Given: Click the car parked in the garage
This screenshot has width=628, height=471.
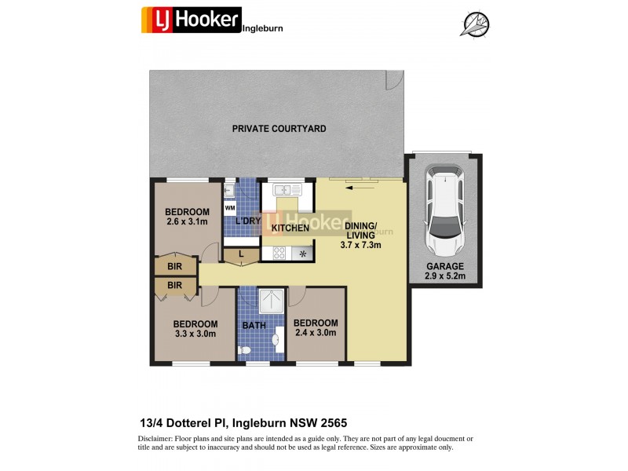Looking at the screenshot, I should [x=444, y=210].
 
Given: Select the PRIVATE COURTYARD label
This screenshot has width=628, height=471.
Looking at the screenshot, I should [x=279, y=128].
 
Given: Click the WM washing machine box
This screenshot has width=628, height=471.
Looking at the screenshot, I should [x=230, y=209].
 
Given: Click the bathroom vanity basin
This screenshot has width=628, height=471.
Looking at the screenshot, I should [x=276, y=340].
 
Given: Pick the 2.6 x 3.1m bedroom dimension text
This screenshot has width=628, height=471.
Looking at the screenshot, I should [x=187, y=222].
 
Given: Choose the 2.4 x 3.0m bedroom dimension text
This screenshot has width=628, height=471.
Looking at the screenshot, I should [x=316, y=333].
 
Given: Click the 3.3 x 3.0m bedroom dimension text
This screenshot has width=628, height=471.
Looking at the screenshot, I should [x=195, y=334].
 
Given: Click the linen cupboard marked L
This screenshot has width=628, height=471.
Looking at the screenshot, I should [x=240, y=254].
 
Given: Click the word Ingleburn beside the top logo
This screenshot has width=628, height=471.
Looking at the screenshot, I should [x=262, y=28].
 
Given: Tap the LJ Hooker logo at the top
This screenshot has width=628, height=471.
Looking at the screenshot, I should [x=191, y=19].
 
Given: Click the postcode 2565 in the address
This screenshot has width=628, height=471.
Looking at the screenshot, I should [x=345, y=422].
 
